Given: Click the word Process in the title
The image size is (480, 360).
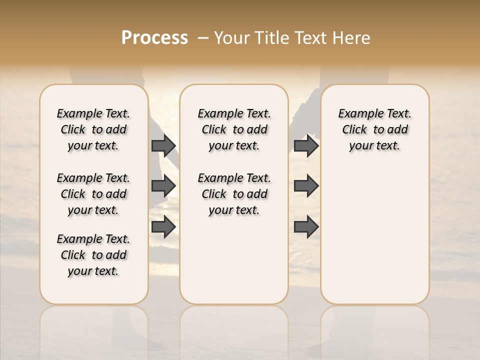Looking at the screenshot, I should pyautogui.click(x=154, y=38).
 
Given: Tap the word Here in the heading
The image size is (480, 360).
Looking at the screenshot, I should pyautogui.click(x=351, y=38).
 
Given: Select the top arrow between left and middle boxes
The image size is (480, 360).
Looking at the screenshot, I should pyautogui.click(x=163, y=145).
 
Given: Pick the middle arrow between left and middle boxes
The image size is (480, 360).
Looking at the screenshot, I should pyautogui.click(x=163, y=186).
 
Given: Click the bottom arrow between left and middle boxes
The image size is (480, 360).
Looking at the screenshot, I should pyautogui.click(x=163, y=226).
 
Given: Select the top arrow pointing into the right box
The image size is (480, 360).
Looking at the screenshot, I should pyautogui.click(x=306, y=145).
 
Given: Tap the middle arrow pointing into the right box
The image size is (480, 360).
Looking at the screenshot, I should pyautogui.click(x=306, y=186).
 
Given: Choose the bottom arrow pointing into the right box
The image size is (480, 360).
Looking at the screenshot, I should pyautogui.click(x=306, y=226).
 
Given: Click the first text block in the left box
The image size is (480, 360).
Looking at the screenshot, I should pyautogui.click(x=93, y=129).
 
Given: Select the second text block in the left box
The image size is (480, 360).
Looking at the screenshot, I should pyautogui.click(x=93, y=194).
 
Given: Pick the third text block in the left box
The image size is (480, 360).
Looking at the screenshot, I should pyautogui.click(x=93, y=255).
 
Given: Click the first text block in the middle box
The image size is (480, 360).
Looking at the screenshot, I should pyautogui.click(x=234, y=129).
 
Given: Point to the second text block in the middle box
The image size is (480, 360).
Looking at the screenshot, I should pyautogui.click(x=234, y=194).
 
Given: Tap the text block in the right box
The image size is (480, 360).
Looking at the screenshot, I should pyautogui.click(x=374, y=129).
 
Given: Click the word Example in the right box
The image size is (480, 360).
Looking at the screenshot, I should pyautogui.click(x=358, y=114).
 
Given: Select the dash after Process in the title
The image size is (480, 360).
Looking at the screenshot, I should pyautogui.click(x=202, y=38).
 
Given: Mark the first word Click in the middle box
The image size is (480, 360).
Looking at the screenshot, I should pyautogui.click(x=214, y=130).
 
